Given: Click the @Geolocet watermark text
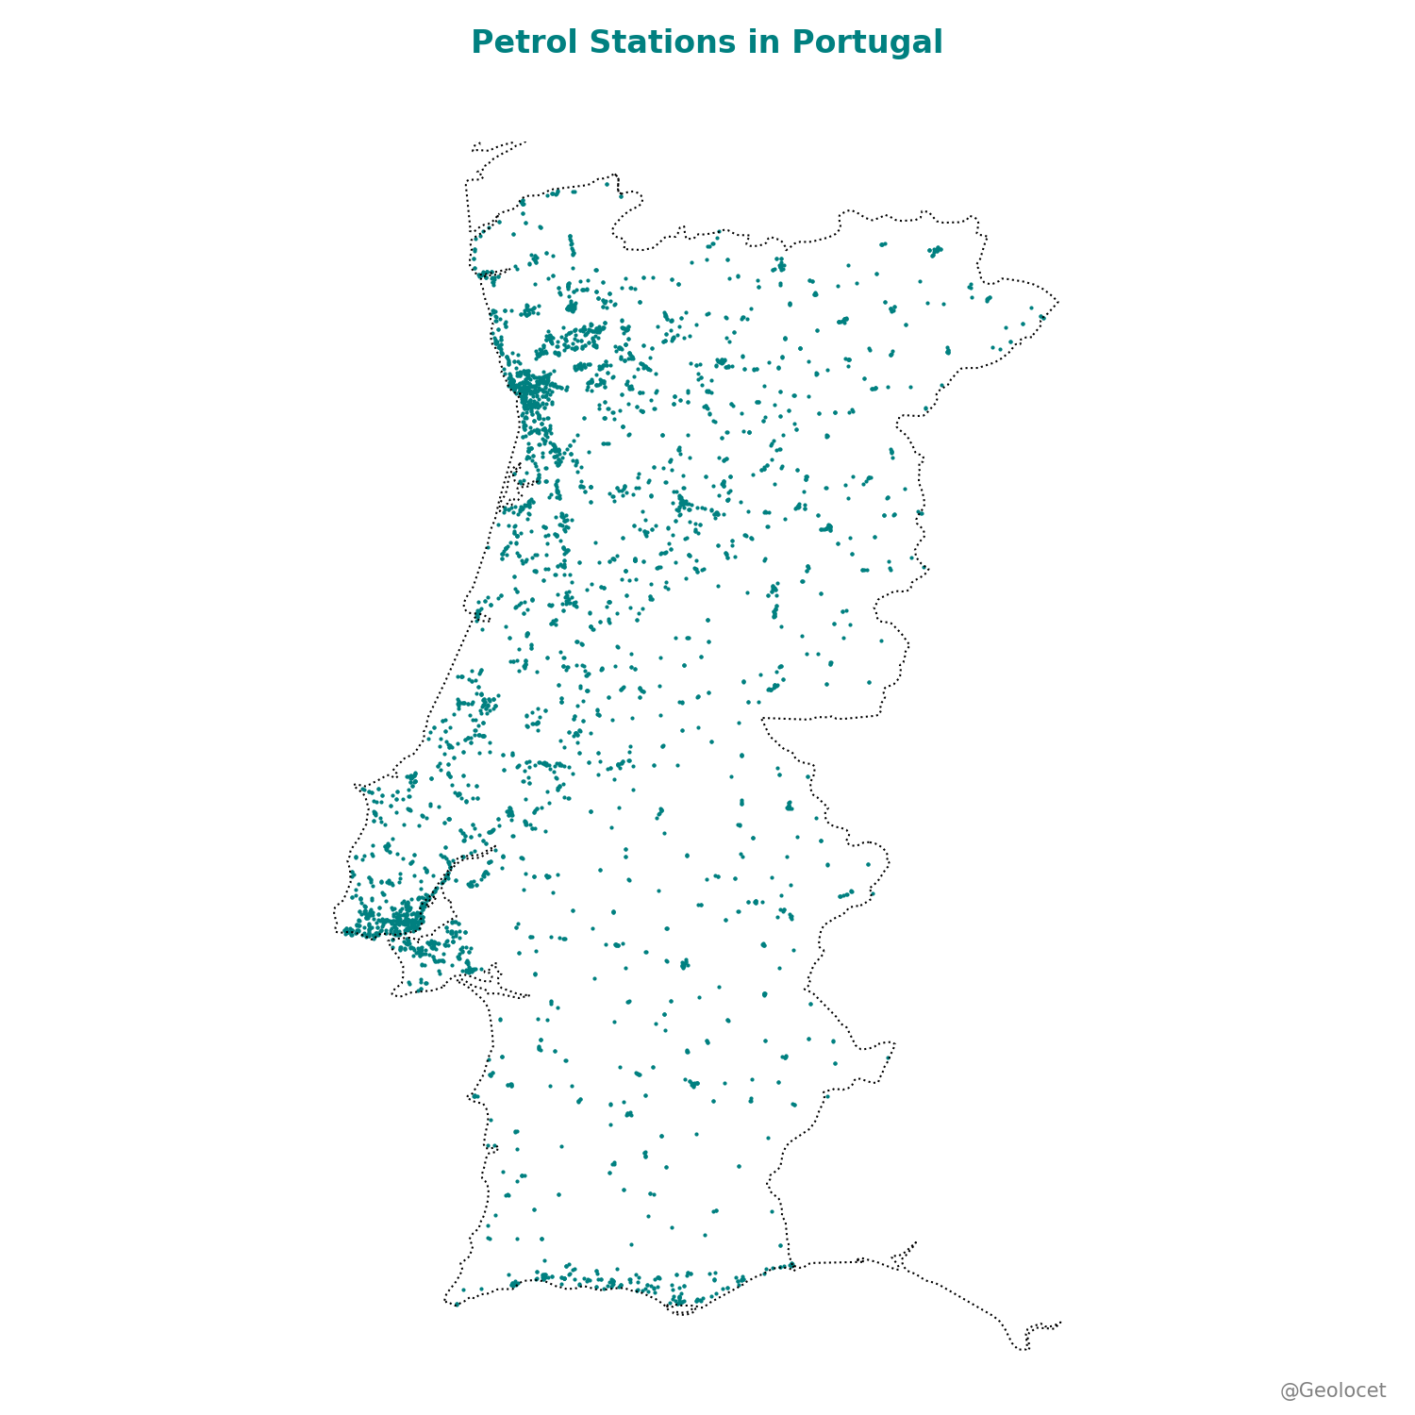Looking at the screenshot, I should (1333, 1390).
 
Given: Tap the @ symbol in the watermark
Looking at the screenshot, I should (1289, 1390).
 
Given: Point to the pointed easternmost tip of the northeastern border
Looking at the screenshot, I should (1058, 302).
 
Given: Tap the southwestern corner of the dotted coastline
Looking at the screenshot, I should (445, 1302).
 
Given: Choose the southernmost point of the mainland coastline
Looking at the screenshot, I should (683, 1314).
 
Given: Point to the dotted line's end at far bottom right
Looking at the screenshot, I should (1061, 1322).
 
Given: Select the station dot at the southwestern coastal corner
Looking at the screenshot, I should (457, 1305).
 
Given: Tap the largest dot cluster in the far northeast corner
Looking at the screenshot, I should (935, 251).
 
